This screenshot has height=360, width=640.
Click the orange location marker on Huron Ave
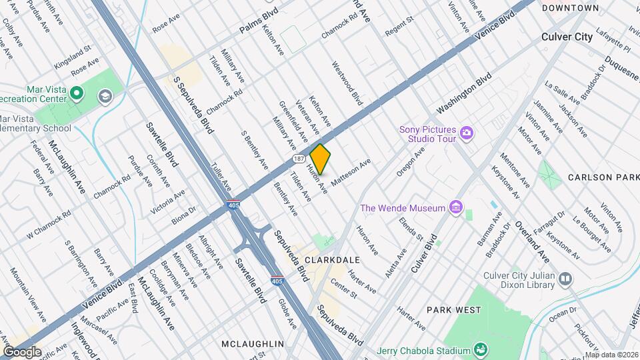pos(320,159)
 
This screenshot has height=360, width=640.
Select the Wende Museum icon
pos(456,208)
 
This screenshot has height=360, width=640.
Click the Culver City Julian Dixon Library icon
pos(565,278)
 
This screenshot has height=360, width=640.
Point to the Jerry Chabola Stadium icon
pos(479,350)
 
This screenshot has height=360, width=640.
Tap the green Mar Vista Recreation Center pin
pos(77,93)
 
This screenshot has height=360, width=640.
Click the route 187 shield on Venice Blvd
pos(298,159)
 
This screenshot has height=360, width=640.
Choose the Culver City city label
pos(567,37)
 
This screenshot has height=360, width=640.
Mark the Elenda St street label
pos(411,228)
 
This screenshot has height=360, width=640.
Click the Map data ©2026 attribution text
pos(611,355)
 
